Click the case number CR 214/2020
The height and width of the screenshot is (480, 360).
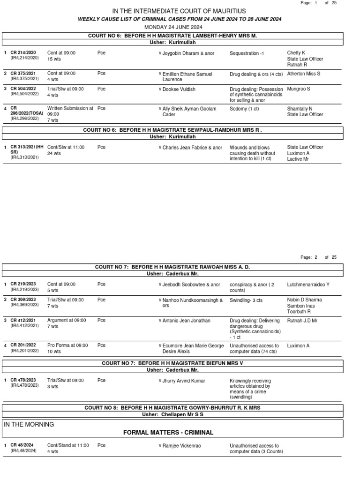23,53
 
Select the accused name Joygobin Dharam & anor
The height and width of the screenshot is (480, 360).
188,53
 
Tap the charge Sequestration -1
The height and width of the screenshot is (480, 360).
247,53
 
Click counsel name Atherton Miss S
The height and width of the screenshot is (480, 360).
304,74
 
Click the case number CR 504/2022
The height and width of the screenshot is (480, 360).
23,89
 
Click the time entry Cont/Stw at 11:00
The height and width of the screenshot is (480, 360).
66,148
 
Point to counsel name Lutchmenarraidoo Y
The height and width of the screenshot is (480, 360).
308,285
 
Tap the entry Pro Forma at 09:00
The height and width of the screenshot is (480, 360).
67,346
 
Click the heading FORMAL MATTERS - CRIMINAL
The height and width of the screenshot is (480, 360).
168,433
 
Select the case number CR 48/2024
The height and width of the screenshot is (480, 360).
22,446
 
